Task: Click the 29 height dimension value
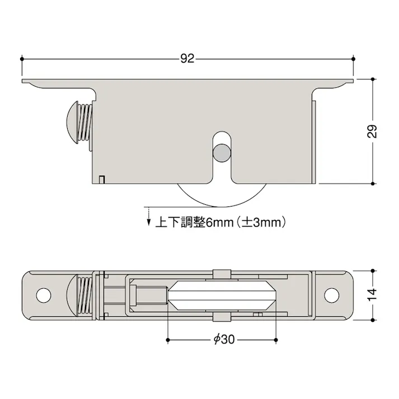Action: click(x=373, y=131)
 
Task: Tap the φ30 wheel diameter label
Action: click(x=223, y=340)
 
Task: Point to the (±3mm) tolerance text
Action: click(x=262, y=222)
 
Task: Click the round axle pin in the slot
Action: click(x=222, y=152)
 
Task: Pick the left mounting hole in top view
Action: click(x=43, y=294)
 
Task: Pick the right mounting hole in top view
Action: click(x=332, y=294)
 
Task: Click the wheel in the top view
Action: click(x=223, y=295)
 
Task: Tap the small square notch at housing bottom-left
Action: click(x=101, y=179)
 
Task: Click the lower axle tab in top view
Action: click(x=222, y=317)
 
